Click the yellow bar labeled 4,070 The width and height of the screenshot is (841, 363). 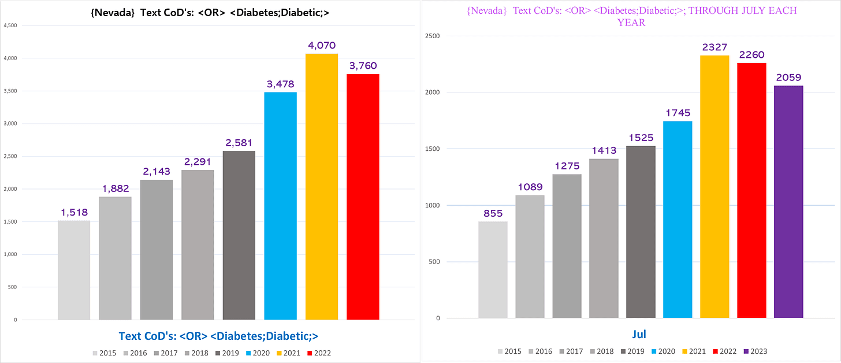coord(321,187)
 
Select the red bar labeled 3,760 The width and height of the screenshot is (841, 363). coord(363,197)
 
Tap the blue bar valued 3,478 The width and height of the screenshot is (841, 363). coord(281,206)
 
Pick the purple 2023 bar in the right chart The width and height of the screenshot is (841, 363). coord(788,202)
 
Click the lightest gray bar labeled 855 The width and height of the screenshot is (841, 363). coord(493,270)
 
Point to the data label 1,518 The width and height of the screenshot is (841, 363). coord(75,212)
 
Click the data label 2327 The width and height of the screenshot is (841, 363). coord(715,47)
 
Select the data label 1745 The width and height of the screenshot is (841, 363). coord(678,113)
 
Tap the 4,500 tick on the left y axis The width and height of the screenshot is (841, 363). coord(10,25)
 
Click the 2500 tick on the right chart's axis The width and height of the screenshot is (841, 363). coord(432,36)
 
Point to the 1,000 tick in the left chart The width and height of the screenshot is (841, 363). coord(10,254)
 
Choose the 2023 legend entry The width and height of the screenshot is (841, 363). coord(756,351)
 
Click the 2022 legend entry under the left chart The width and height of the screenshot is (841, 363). coord(319,353)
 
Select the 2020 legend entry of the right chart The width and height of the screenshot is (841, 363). coord(664,351)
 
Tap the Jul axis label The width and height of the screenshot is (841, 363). coord(639,334)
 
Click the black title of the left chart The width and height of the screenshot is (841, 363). coord(210,13)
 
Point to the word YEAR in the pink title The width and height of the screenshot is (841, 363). coord(631,23)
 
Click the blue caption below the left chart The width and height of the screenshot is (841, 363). coord(218,336)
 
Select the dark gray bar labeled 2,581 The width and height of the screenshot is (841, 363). coord(239,236)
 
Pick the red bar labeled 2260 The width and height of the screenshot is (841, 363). coord(751,191)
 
